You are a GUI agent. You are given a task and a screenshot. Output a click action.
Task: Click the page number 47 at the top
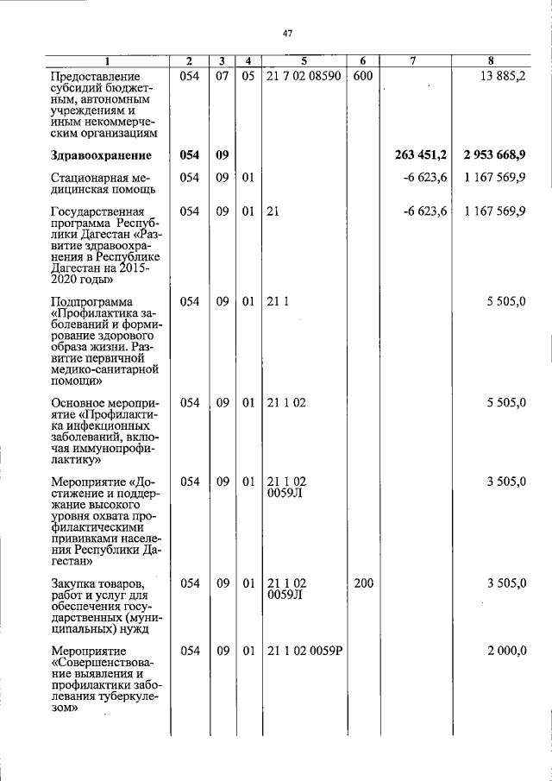pos(288,34)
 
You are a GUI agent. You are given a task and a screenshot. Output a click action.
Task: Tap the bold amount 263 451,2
pos(421,155)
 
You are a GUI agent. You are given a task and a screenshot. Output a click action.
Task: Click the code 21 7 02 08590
pos(304,77)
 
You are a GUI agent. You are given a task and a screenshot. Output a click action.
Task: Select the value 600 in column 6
pos(362,77)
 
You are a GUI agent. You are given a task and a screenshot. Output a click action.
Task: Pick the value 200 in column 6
pos(363,583)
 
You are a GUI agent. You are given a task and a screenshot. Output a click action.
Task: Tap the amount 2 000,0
pos(506,651)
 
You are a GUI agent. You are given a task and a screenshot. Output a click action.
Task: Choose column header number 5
pos(304,60)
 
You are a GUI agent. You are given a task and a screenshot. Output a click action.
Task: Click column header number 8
pos(490,60)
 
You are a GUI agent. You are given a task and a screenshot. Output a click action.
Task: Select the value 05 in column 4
pos(248,77)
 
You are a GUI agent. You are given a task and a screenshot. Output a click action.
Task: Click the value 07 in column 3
pos(223,77)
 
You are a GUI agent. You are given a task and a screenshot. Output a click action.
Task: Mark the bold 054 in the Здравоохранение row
pos(190,155)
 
